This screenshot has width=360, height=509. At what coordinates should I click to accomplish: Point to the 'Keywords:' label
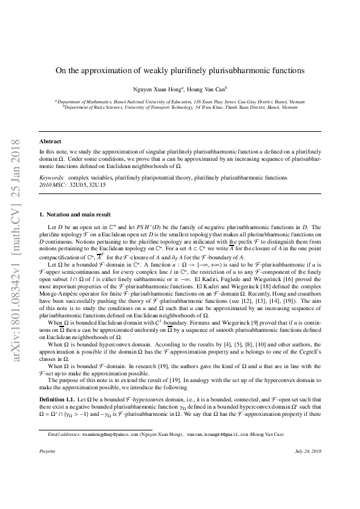[51, 178]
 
